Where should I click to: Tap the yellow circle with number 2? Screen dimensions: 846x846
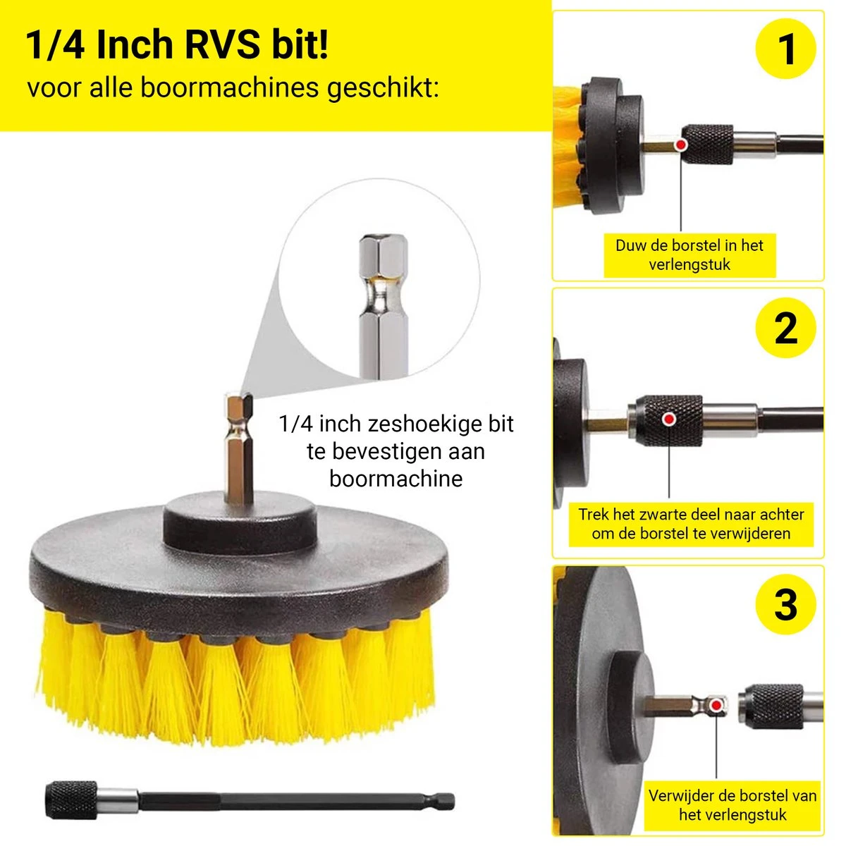785,327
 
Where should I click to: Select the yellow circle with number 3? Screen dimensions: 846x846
785,604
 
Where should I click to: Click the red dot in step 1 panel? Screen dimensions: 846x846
681,145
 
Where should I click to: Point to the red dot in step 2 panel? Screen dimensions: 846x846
669,419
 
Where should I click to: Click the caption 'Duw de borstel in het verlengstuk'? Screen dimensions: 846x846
689,255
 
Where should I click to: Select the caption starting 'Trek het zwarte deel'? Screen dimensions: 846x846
691,524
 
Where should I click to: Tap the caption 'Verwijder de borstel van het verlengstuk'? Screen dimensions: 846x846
732,805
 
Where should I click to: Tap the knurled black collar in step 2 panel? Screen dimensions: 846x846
669,420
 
